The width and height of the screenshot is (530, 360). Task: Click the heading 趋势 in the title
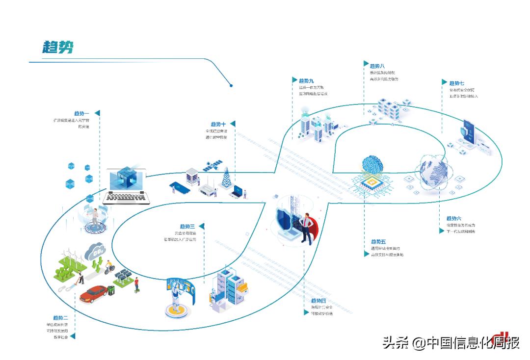coord(58,47)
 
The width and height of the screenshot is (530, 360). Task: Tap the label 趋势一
coord(81,113)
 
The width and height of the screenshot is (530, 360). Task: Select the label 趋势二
coord(60,318)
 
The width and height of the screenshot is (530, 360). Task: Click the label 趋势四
coord(318,301)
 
